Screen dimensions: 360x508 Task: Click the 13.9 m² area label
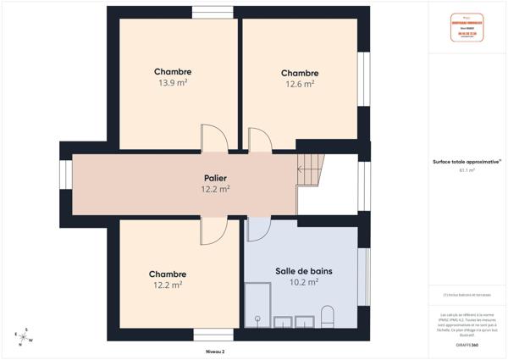pyautogui.click(x=173, y=83)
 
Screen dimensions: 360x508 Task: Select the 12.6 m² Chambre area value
pyautogui.click(x=298, y=84)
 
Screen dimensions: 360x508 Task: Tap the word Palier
pyautogui.click(x=215, y=178)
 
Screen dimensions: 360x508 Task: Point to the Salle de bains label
pyautogui.click(x=303, y=271)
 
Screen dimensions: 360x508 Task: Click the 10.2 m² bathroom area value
pyautogui.click(x=303, y=282)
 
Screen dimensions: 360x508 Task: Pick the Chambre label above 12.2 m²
pyautogui.click(x=167, y=274)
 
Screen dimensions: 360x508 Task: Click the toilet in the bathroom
pyautogui.click(x=329, y=318)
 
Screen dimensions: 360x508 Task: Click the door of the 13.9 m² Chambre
pyautogui.click(x=212, y=139)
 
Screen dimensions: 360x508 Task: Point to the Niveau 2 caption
pyautogui.click(x=215, y=351)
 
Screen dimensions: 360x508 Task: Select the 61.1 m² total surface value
pyautogui.click(x=467, y=170)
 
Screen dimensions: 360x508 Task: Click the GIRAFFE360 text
pyautogui.click(x=467, y=346)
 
